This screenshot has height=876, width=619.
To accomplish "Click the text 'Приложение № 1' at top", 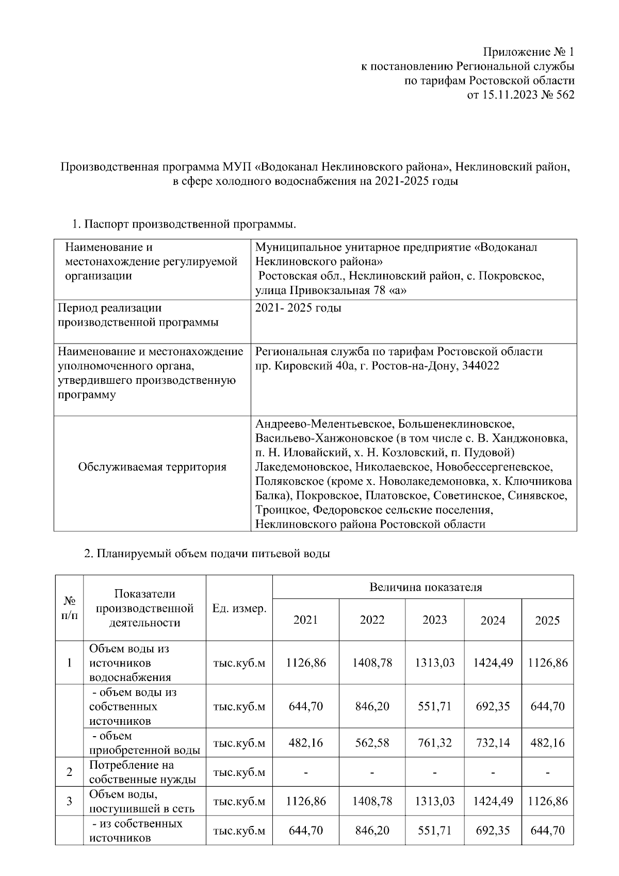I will coord(528,52).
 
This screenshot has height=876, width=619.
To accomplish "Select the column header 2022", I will coord(372,620).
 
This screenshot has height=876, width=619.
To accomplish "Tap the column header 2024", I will coord(493,621).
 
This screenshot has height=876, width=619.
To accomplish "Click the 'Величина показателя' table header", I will coord(425,587).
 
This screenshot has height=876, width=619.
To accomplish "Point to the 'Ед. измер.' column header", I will coord(239,608).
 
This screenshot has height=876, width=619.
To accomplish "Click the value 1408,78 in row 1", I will coord(372,662).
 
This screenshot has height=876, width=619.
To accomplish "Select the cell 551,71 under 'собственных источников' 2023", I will coord(434,706).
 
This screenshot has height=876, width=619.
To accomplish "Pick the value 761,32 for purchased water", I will coord(434,743).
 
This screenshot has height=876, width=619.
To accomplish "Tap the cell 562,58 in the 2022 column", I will coord(372,743).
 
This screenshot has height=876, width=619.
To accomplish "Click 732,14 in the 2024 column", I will coord(493,743).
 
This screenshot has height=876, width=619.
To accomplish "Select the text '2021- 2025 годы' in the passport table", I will coord(298,309).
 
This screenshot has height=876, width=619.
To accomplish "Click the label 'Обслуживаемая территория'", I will coord(152,467).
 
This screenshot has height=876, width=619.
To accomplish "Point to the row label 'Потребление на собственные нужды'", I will coord(142,772).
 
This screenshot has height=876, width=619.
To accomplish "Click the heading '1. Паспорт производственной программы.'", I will coord(184,224).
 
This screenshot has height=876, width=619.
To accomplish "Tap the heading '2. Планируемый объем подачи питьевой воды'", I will coord(206,554).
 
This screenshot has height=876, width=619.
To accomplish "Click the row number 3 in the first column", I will coord(69,801).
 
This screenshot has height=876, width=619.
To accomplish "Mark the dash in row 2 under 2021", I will coord(305,773).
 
